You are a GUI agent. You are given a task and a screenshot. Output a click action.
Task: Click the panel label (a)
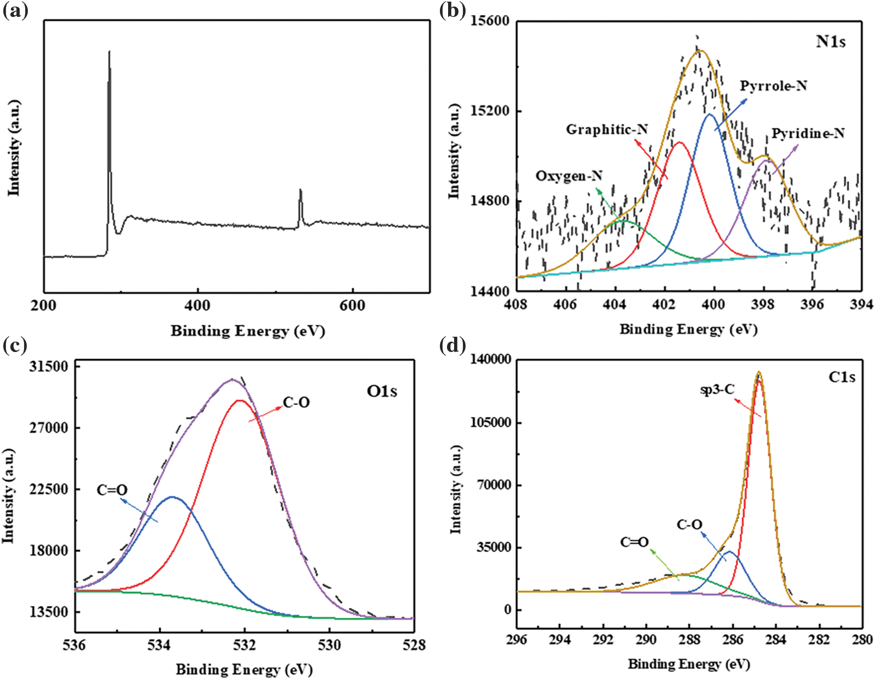(x=15, y=11)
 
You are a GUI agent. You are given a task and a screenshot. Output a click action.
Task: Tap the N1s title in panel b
(x=830, y=41)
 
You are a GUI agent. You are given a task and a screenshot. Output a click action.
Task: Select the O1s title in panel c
(x=382, y=391)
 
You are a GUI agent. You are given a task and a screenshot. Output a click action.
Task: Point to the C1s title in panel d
(x=841, y=377)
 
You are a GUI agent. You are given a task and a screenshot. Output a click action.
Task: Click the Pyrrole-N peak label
(x=773, y=86)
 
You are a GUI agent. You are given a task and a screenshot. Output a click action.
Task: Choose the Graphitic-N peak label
(x=606, y=129)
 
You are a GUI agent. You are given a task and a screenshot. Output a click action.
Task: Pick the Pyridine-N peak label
(x=808, y=134)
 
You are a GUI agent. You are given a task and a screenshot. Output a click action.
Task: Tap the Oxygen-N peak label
(x=569, y=176)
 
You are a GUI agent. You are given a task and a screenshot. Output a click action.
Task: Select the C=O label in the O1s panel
(x=112, y=490)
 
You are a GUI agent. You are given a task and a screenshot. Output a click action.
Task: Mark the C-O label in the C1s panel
(x=689, y=525)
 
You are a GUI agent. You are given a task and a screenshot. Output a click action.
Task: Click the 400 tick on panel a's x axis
(x=198, y=305)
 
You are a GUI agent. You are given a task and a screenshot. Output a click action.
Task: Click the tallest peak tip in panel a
(x=109, y=52)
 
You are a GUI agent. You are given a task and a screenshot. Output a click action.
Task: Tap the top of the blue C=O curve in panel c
(x=173, y=497)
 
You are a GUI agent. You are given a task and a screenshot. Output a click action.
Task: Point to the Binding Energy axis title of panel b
(x=688, y=330)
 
